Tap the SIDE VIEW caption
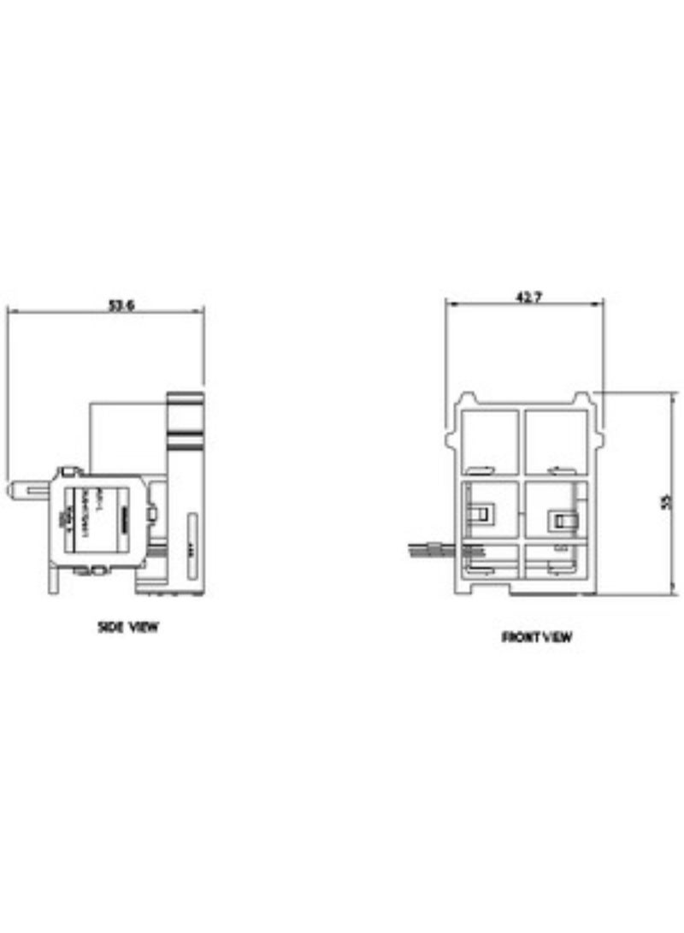point(128,627)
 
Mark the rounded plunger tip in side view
point(12,489)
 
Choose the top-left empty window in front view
point(489,438)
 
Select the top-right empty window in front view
point(553,438)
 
